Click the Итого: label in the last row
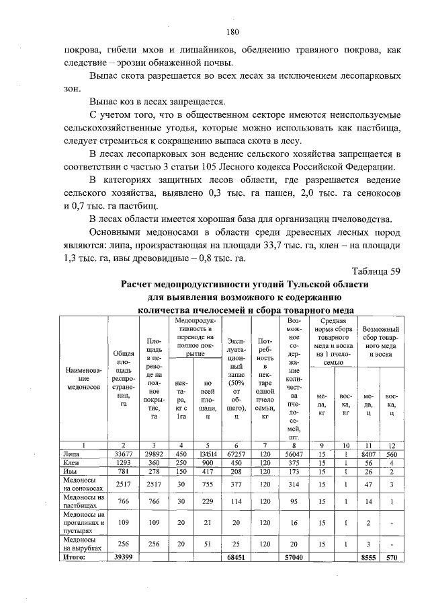tap(75, 557)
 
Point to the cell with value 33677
tap(124, 455)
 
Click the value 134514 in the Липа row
tap(208, 455)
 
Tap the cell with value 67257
tap(236, 455)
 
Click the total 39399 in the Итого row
tap(124, 557)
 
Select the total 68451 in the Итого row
tap(236, 557)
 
